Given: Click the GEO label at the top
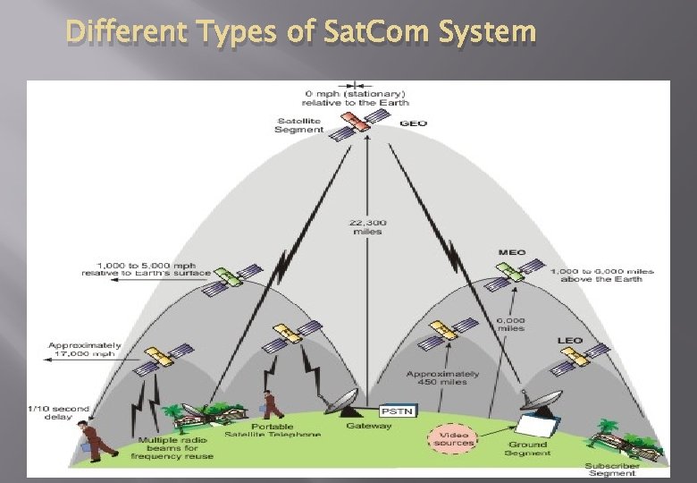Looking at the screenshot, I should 413,123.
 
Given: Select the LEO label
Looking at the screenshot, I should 569,341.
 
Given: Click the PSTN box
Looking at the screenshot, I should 393,411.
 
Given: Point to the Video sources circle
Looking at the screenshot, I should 454,438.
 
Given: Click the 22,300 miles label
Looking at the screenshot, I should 368,226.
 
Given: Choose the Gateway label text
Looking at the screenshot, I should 369,427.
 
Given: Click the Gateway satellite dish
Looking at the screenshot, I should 341,403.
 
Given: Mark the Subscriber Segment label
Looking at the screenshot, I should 612,469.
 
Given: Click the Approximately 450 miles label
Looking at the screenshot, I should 442,378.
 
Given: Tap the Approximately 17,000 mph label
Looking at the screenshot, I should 85,350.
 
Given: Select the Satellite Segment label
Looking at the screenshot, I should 298,125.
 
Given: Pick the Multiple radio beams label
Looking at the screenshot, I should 173,449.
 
